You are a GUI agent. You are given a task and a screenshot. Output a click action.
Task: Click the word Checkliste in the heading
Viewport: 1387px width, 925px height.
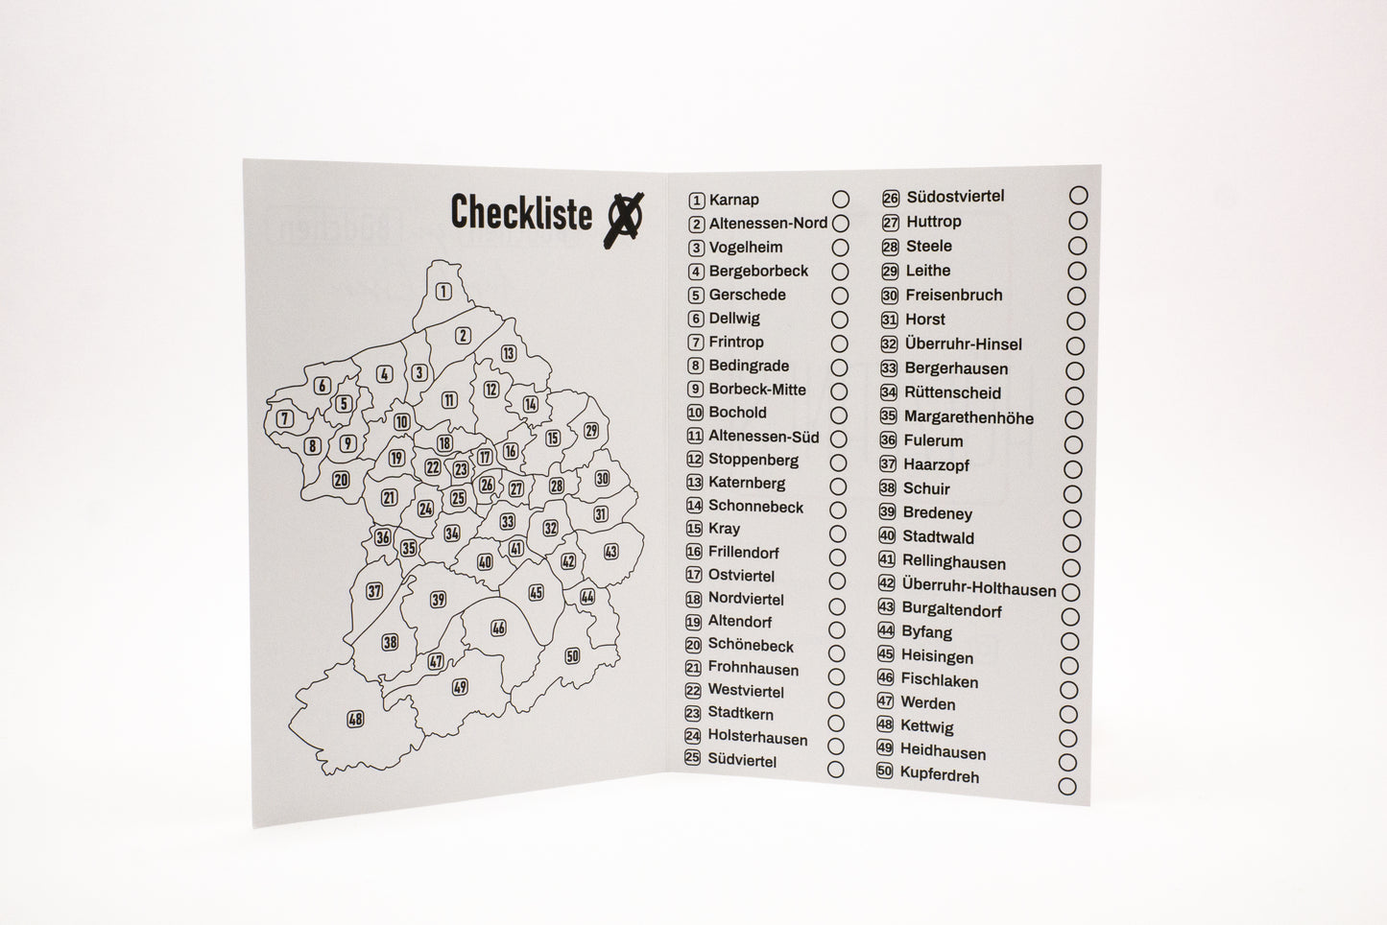(520, 213)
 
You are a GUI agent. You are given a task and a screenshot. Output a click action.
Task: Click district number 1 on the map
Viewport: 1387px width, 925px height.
(443, 292)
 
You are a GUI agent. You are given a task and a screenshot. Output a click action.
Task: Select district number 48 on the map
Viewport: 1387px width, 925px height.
(355, 719)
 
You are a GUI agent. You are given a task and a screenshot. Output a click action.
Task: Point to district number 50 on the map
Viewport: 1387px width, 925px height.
(572, 656)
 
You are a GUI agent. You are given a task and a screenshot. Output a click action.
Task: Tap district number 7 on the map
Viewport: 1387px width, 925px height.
(284, 418)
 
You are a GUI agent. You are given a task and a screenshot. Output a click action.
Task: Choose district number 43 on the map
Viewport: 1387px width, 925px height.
(610, 552)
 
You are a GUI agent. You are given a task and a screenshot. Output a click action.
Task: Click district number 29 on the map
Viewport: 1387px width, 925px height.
(591, 430)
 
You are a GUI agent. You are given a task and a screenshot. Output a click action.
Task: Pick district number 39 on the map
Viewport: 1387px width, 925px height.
(438, 600)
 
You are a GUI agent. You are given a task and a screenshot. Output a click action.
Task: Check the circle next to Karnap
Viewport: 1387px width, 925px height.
(841, 200)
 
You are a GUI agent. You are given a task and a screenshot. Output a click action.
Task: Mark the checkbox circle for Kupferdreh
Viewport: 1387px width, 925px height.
(1066, 787)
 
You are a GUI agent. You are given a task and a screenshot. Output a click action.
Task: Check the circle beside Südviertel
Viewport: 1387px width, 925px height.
(836, 770)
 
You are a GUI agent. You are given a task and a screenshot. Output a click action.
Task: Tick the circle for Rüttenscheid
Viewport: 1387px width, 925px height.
(1075, 395)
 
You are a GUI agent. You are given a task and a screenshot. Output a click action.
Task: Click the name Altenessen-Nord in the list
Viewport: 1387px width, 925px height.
(768, 224)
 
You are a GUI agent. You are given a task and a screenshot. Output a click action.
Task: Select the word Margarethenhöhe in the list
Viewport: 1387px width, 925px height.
(969, 417)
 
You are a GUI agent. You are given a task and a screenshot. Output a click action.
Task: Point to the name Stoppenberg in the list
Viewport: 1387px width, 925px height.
(753, 460)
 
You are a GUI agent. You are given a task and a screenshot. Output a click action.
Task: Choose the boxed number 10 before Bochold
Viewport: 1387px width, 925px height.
(695, 413)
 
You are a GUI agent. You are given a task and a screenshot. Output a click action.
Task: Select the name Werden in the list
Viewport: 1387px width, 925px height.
(927, 703)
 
